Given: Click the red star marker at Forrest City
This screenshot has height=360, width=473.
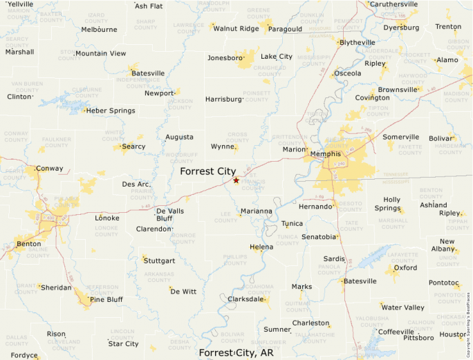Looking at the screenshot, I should click(236, 180).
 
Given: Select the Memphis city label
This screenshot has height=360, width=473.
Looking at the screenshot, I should click(325, 153).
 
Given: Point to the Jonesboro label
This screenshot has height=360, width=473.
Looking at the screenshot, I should click(225, 58).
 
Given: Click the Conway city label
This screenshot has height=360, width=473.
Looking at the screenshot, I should click(49, 168).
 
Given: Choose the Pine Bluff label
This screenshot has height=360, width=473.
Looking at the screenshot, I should click(106, 299).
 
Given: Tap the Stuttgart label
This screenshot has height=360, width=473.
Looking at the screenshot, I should click(159, 261).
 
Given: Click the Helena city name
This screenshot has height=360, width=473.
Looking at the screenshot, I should click(261, 247).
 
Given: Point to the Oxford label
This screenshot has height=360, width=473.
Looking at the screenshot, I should click(406, 267).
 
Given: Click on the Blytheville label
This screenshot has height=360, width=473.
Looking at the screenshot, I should click(358, 42).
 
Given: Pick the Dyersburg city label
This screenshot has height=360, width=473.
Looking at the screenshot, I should click(401, 28).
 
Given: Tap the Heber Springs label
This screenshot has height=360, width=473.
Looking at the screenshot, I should click(111, 111).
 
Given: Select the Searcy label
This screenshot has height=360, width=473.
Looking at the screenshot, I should click(133, 146).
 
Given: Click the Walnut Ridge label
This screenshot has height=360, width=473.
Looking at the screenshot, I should click(236, 28).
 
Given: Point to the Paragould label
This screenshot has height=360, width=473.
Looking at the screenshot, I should click(285, 29).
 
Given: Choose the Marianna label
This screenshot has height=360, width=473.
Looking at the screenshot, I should click(257, 211).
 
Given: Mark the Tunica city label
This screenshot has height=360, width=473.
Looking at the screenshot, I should click(292, 223).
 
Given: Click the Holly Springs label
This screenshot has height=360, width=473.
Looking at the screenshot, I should click(387, 204).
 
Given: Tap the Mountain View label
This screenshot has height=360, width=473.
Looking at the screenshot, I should click(101, 53).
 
